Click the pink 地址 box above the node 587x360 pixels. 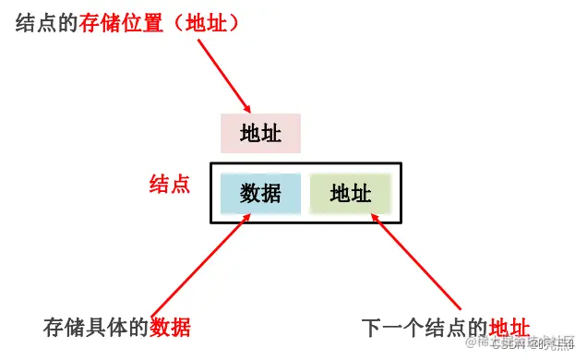pyautogui.click(x=260, y=134)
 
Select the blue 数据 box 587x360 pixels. pyautogui.click(x=260, y=193)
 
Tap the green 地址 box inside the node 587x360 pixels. pyautogui.click(x=351, y=194)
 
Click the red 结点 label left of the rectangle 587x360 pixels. pyautogui.click(x=170, y=185)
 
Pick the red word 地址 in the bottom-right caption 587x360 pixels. pyautogui.click(x=509, y=327)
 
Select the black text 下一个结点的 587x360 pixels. pyautogui.click(x=425, y=327)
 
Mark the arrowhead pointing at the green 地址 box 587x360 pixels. pyautogui.click(x=377, y=216)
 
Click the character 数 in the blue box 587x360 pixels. pyautogui.click(x=250, y=193)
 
